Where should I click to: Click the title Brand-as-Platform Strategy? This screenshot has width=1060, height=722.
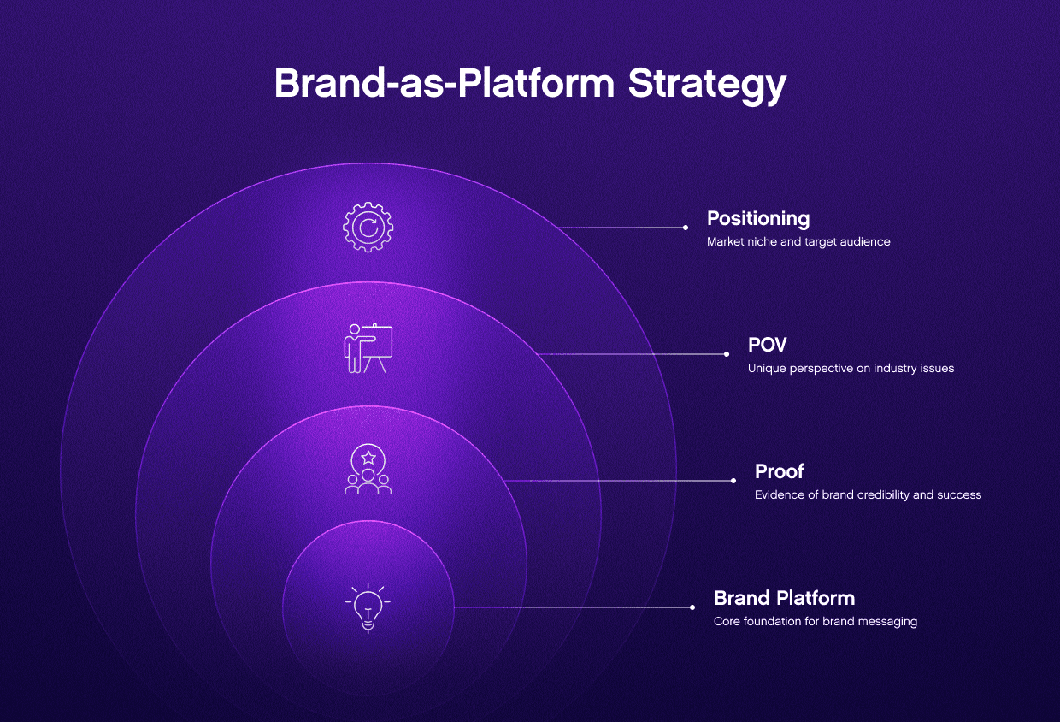click(x=530, y=85)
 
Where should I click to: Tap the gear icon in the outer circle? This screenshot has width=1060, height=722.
click(x=368, y=227)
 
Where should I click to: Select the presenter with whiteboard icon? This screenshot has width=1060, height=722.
click(x=368, y=349)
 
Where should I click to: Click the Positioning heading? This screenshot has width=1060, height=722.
click(x=757, y=218)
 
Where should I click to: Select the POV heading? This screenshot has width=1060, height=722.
click(x=767, y=345)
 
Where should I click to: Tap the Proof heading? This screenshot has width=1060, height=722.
click(x=779, y=471)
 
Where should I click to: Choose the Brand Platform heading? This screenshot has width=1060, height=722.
click(x=784, y=598)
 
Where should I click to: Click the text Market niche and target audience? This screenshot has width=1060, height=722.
click(x=798, y=242)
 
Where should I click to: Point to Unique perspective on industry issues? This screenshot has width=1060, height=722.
click(x=851, y=369)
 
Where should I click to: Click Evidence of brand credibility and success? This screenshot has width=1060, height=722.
click(x=868, y=495)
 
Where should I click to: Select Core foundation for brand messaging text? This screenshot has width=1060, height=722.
click(x=815, y=622)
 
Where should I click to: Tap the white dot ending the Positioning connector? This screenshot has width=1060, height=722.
click(x=686, y=228)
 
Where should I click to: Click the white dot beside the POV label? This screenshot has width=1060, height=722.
click(x=727, y=354)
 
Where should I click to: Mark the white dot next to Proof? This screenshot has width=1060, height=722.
click(x=733, y=481)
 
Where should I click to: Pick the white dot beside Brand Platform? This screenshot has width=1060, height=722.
click(x=692, y=607)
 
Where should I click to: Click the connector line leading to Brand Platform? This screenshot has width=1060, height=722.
click(x=573, y=607)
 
